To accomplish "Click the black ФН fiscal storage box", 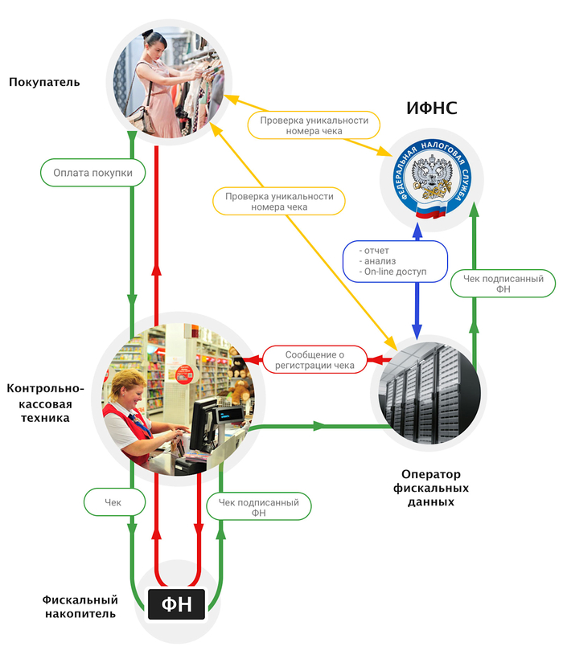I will pos(177,604).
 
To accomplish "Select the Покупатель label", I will pos(44,82).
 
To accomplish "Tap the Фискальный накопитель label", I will pos(80,607).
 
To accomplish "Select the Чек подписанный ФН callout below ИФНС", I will pos(503,283).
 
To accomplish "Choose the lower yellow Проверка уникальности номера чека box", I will pos(279,201).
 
